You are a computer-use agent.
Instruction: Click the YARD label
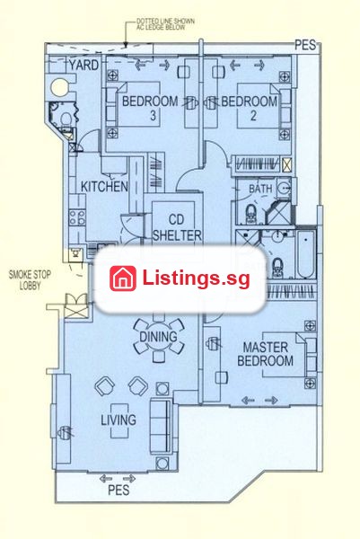coord(83,65)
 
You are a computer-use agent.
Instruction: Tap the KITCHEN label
coord(104,186)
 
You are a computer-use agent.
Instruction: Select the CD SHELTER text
coord(177,227)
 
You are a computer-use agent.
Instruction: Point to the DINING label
coord(158,336)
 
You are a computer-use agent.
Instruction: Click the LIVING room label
coord(119,420)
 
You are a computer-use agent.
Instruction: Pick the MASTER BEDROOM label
coord(265,354)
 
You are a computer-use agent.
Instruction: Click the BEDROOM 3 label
coord(150,108)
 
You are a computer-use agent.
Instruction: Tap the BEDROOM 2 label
coord(250,108)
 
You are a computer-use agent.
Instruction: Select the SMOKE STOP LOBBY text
coord(30,279)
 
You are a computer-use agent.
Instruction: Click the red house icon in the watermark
coord(123,278)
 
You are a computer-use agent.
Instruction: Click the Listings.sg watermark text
coord(196,278)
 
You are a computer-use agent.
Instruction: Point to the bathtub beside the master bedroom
coord(306,254)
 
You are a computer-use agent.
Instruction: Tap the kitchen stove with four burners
coord(77,217)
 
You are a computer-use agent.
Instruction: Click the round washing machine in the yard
coord(59,88)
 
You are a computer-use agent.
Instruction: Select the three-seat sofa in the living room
coord(161,426)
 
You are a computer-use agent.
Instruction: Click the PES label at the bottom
coord(119,490)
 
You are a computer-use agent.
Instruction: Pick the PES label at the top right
coord(305,45)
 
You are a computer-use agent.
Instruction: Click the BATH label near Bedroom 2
coord(260,189)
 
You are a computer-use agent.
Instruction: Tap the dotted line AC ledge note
coord(165,24)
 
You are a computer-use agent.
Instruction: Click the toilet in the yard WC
coord(66,119)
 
